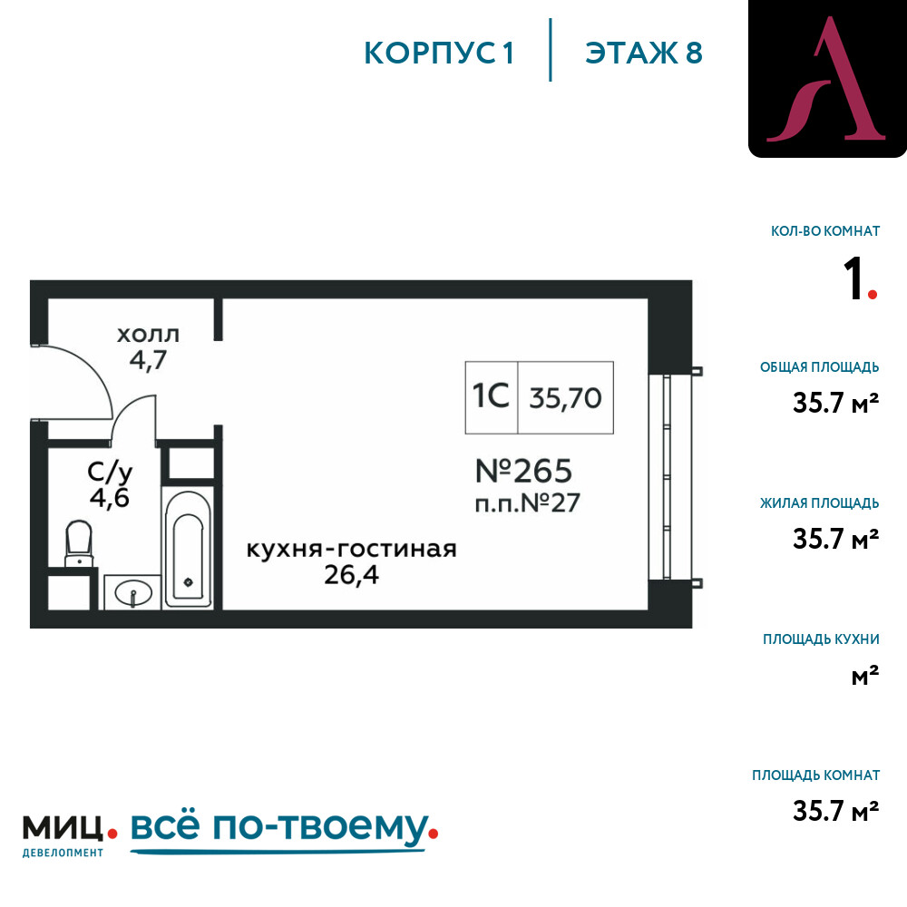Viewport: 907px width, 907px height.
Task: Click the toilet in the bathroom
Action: [x=79, y=543]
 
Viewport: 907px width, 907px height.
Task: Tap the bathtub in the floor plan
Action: [x=188, y=549]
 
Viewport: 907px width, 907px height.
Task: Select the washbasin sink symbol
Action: [x=133, y=592]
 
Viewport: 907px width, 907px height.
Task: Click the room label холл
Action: [x=148, y=335]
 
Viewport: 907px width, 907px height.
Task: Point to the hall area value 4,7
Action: [x=148, y=360]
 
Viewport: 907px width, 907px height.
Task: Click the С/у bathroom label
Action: [x=110, y=472]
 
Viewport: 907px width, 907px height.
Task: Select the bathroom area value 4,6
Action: [x=110, y=497]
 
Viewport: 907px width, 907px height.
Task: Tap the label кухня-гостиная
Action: [x=352, y=549]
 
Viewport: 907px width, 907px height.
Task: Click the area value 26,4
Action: [x=352, y=575]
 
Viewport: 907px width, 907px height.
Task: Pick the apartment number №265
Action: [x=523, y=471]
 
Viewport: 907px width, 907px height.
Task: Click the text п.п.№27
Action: [x=527, y=502]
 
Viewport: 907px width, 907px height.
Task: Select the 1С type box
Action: [x=491, y=397]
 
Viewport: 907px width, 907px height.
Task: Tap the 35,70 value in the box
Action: [x=565, y=398]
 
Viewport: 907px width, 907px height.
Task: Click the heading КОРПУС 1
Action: [x=439, y=53]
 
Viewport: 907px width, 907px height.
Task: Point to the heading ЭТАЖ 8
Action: [x=644, y=53]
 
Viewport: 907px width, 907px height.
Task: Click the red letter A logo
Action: [x=827, y=79]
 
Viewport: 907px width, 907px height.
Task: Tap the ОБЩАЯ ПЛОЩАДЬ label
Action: [x=819, y=366]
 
